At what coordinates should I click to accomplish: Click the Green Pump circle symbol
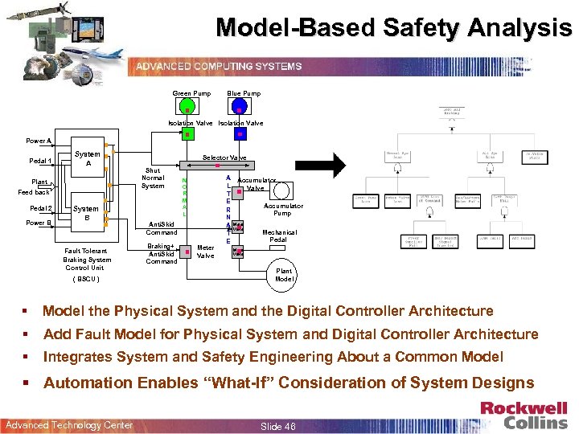point(186,106)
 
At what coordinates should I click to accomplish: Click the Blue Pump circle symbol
point(238,106)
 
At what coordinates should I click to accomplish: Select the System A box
point(88,161)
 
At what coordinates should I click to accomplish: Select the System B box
point(88,211)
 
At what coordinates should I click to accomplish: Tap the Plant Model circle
point(284,273)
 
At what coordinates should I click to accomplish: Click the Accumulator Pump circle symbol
point(282,191)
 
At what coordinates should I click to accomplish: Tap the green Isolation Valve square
point(187,134)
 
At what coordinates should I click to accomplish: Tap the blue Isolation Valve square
point(237,134)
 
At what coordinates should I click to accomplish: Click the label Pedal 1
point(39,161)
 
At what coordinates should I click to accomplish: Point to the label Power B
point(39,223)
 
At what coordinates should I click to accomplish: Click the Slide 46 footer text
point(278,425)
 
